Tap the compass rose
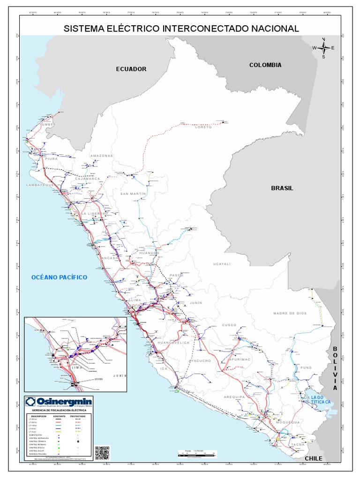[x=323, y=47]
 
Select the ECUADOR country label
[x=131, y=69]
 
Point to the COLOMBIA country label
[x=265, y=65]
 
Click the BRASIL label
[x=282, y=188]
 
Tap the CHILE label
[x=314, y=458]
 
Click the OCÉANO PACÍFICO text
[x=60, y=277]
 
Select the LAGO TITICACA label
[x=321, y=400]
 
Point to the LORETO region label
[x=203, y=127]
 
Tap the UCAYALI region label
[x=222, y=264]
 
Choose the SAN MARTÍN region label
[x=134, y=194]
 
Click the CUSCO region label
[x=230, y=325]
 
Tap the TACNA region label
[x=297, y=444]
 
